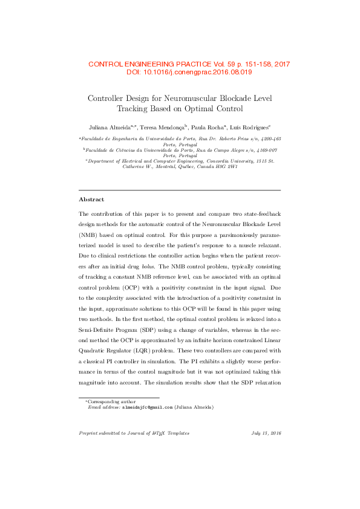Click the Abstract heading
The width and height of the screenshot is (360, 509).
(91, 199)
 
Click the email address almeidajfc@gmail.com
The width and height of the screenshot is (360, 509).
(147, 407)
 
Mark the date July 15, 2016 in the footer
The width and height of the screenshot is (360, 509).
(266, 433)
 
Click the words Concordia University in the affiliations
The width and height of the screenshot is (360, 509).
(226, 161)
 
